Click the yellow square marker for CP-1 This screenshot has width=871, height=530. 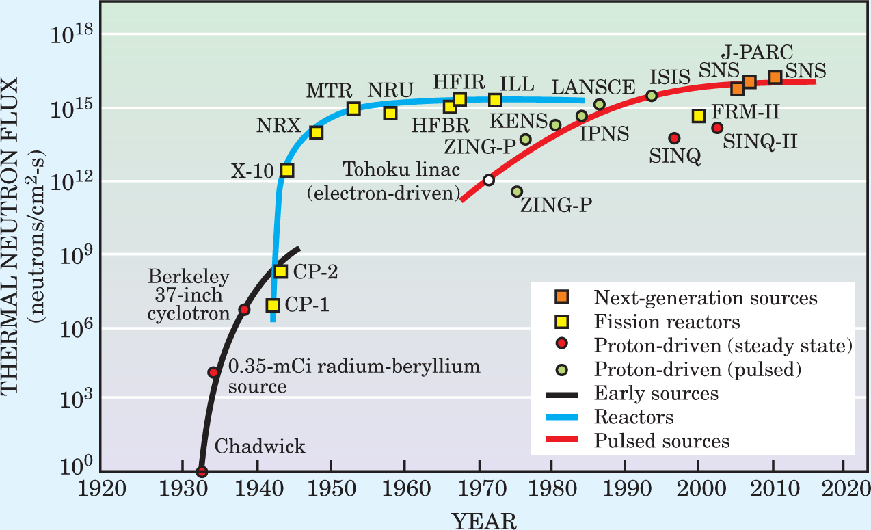pyautogui.click(x=273, y=305)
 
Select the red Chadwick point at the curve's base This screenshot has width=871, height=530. pyautogui.click(x=201, y=471)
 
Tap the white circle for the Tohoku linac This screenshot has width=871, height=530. pyautogui.click(x=488, y=180)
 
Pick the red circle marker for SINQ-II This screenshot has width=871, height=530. pyautogui.click(x=716, y=127)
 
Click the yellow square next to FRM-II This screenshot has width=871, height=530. pyautogui.click(x=698, y=116)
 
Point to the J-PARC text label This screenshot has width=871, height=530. pyautogui.click(x=757, y=52)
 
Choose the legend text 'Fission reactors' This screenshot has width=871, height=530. pyautogui.click(x=667, y=321)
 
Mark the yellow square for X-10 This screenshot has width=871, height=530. pyautogui.click(x=287, y=170)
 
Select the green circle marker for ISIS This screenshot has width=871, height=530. pyautogui.click(x=652, y=96)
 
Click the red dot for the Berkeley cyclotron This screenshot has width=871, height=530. pyautogui.click(x=243, y=310)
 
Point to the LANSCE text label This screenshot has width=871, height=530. pyautogui.click(x=593, y=87)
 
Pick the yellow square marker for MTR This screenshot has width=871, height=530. pyautogui.click(x=353, y=108)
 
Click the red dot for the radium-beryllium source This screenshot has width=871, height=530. pyautogui.click(x=213, y=372)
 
